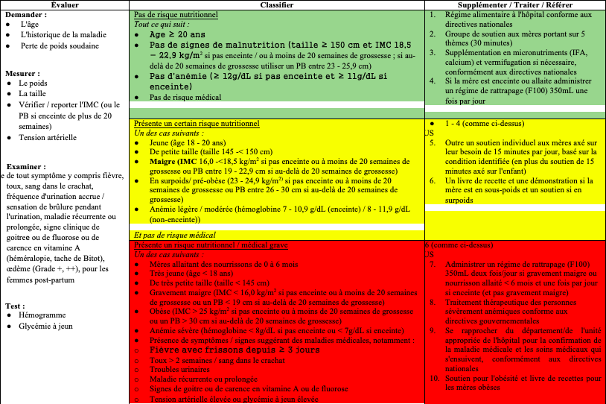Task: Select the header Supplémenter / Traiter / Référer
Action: (x=513, y=5)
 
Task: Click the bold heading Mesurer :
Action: (x=23, y=74)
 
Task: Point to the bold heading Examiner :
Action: (x=26, y=166)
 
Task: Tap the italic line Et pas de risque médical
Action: (x=175, y=235)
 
